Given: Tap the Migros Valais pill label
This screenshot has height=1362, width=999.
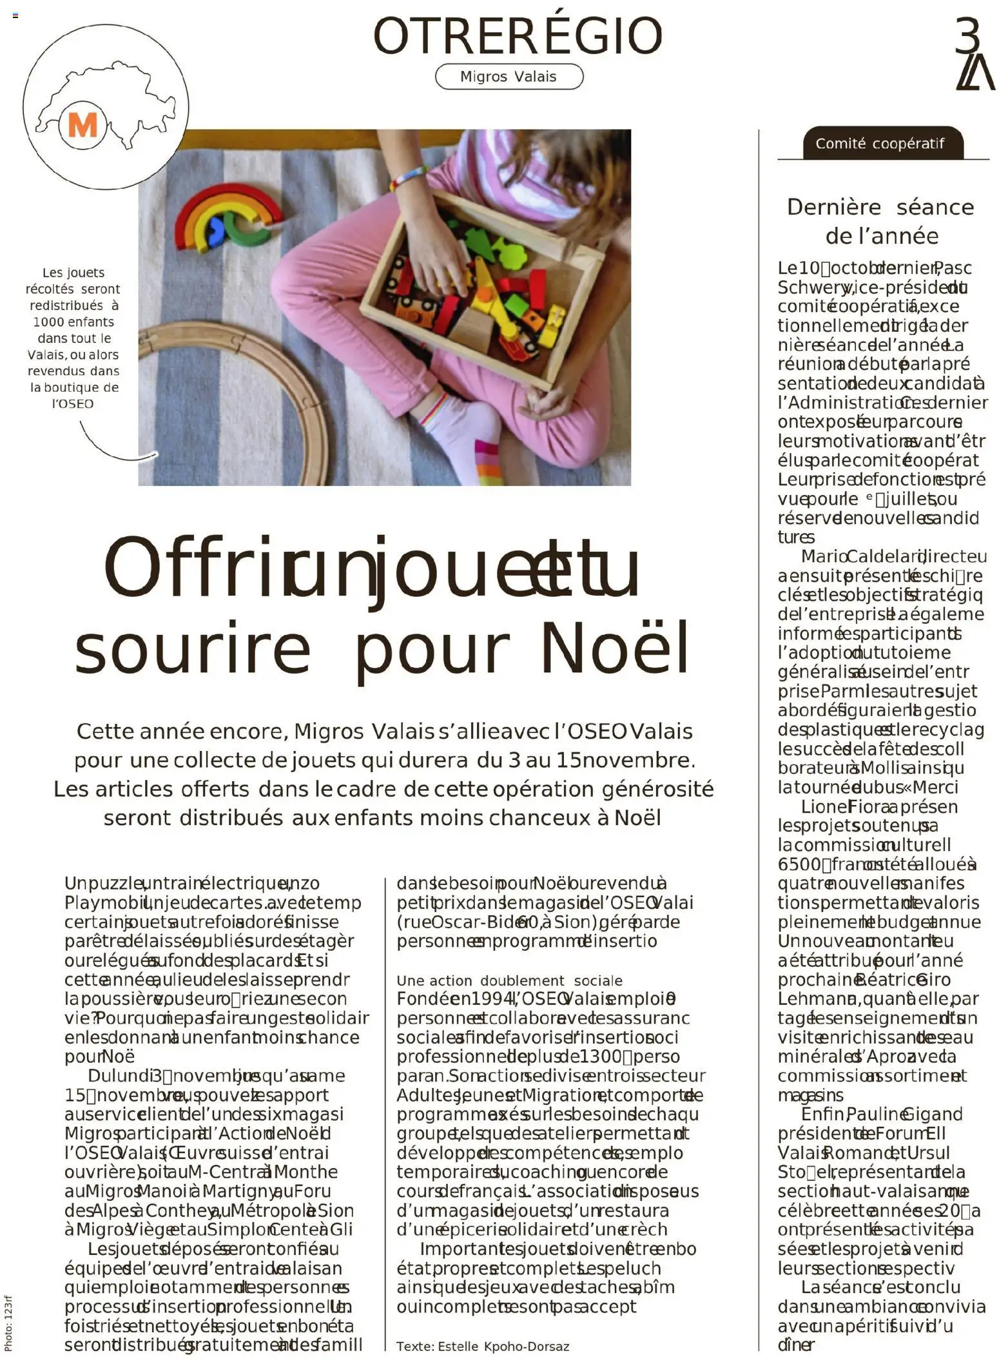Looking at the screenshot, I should pos(509,77).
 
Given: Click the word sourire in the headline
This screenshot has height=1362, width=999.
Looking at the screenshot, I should pos(192,648).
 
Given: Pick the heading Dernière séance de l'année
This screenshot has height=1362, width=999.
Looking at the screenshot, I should pos(880,221).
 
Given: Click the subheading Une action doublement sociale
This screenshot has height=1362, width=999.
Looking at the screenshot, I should pos(509,980).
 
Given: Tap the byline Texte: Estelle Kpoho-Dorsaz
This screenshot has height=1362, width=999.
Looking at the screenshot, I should pos(483,1347).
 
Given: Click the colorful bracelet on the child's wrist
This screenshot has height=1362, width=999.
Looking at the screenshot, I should pos(408,178).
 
